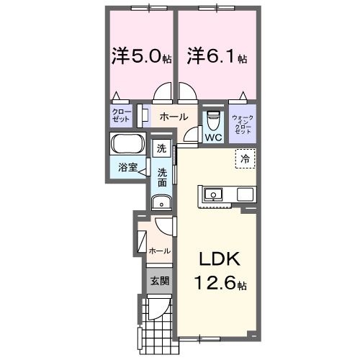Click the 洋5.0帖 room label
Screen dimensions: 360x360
[141, 55]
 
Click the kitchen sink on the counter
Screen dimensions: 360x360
[215, 194]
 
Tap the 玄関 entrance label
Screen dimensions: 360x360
[159, 280]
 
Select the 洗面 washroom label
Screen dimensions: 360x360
[163, 177]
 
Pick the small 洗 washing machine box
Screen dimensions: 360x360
[161, 149]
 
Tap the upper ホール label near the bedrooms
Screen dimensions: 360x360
[173, 117]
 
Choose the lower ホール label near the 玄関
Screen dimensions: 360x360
[158, 251]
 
